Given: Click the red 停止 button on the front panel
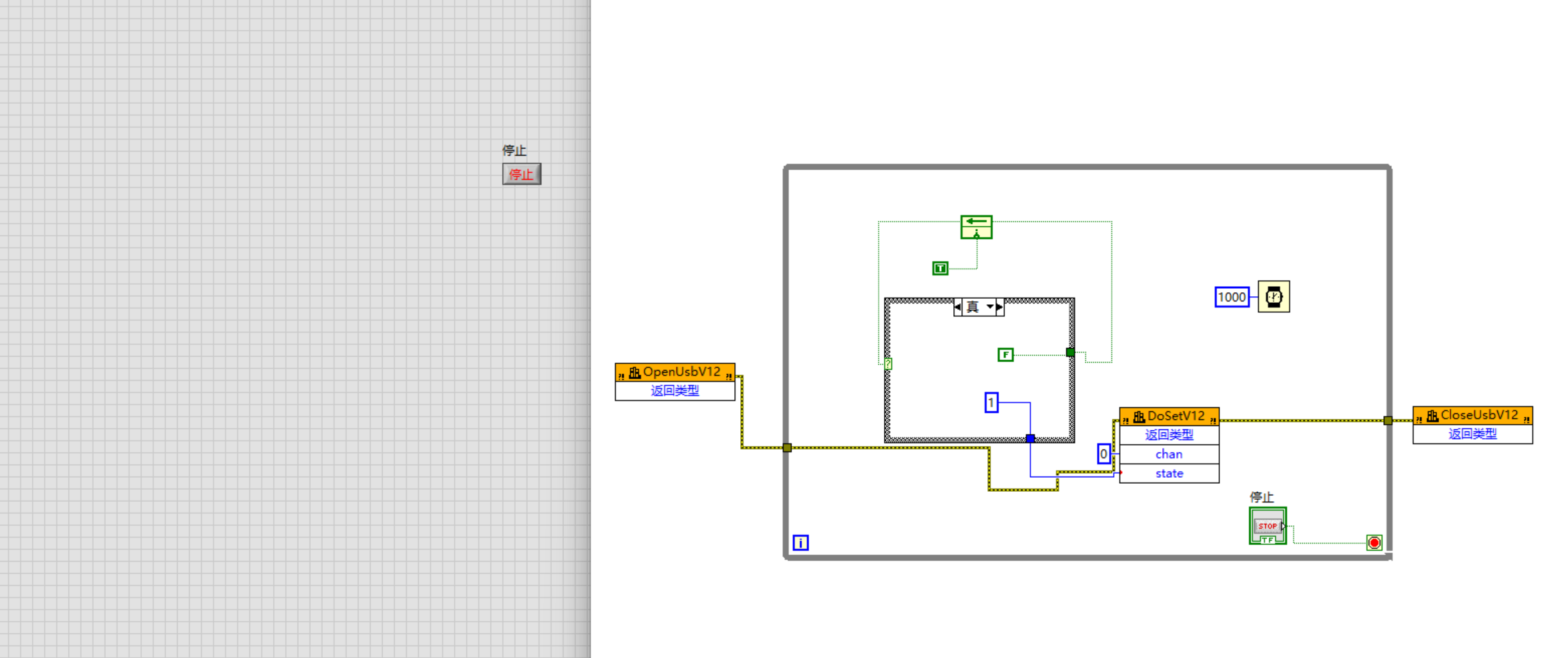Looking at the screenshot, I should point(521,174).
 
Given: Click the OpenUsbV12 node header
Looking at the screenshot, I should point(675,373).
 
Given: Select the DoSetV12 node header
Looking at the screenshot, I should point(1169,417).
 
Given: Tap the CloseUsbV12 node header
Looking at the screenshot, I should point(1472,415).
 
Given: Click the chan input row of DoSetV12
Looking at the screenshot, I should point(1169,454).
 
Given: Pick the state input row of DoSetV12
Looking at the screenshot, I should point(1169,474).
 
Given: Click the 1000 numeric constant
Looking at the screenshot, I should point(1231,298).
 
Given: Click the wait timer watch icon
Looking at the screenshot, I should point(1273,297).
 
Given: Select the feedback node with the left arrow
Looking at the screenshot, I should point(976,226).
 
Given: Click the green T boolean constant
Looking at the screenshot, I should point(940,269).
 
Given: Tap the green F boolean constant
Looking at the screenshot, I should point(1005,354).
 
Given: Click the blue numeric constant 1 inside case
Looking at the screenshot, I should point(991,402).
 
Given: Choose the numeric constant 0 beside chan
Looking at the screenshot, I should point(1103,454).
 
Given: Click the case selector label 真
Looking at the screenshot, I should point(973,307).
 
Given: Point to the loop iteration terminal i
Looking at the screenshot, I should point(800,543).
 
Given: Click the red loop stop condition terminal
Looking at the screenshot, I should point(1374,543).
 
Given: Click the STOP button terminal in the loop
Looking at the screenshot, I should point(1267,526).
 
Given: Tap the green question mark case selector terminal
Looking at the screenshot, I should point(888,364).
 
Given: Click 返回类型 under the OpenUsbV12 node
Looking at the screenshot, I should point(675,391).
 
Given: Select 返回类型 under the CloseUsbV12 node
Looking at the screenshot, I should point(1472,434).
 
